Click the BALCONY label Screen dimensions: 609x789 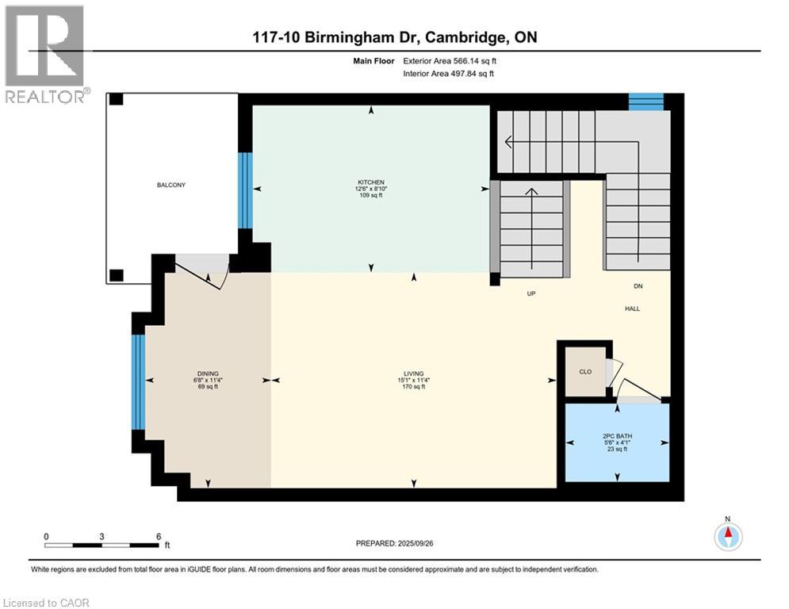tap(170, 185)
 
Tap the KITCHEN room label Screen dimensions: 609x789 tap(371, 182)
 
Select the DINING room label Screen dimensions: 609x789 tap(208, 373)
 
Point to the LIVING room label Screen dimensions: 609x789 tap(413, 373)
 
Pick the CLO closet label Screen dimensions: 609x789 tap(585, 370)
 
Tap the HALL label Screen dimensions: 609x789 tap(632, 308)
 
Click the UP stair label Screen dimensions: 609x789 tap(533, 293)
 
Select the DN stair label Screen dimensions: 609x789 tap(638, 286)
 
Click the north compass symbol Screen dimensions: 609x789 tap(728, 536)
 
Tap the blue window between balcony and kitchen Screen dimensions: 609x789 tap(245, 190)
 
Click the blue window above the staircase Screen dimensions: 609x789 tap(645, 101)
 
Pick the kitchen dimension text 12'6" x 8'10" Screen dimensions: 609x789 tap(371, 189)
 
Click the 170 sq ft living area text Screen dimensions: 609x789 tap(413, 387)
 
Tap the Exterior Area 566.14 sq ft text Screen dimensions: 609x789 tap(450, 60)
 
